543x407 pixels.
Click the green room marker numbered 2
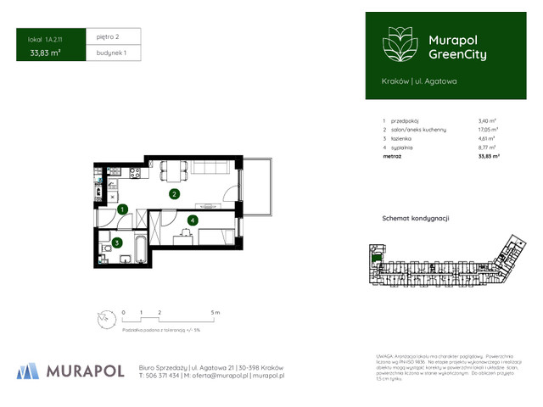pos(173,194)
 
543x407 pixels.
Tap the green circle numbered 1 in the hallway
pos(122,209)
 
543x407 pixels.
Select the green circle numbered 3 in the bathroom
pos(115,243)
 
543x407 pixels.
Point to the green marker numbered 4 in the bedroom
pos(193,220)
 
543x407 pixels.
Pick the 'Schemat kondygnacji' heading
pos(416,218)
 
